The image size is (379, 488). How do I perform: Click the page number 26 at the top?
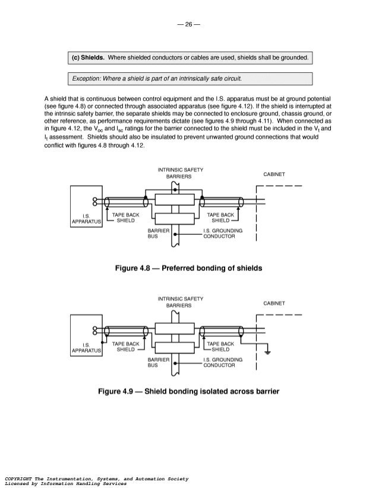click(189, 24)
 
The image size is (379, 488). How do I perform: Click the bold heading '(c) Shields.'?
click(88, 58)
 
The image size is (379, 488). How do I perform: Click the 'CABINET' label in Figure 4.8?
click(274, 174)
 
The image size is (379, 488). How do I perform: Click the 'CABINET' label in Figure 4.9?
click(274, 303)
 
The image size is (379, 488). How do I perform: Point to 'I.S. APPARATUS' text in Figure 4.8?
click(87, 219)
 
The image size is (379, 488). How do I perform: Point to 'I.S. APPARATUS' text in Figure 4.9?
click(87, 348)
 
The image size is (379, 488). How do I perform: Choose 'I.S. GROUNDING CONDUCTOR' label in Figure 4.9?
click(222, 362)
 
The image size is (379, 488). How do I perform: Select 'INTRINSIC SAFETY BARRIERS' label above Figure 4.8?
click(181, 173)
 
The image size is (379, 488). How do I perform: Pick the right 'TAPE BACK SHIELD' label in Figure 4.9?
click(220, 347)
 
